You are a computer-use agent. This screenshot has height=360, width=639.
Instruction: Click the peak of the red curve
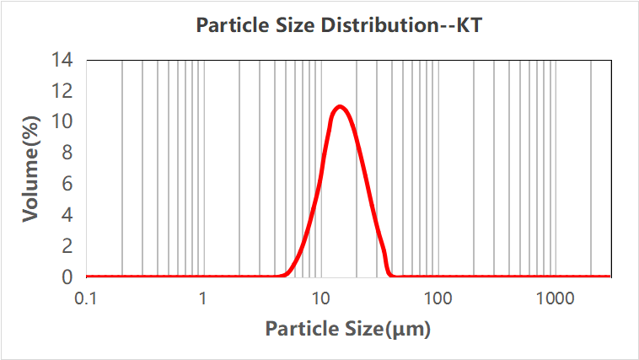(x=341, y=106)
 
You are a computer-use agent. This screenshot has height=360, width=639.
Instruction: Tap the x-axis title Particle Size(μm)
(x=348, y=329)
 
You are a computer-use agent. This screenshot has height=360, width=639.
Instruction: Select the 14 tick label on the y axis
(x=62, y=60)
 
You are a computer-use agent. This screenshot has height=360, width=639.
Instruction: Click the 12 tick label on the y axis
(x=62, y=91)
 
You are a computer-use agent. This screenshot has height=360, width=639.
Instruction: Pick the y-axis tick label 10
(x=62, y=122)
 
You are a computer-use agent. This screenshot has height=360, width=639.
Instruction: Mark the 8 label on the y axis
(x=67, y=153)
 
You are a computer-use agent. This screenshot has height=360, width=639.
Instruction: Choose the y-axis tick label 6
(x=67, y=184)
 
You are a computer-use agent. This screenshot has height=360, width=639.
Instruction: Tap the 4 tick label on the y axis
(x=67, y=215)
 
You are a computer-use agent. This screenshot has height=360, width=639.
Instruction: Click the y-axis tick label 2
(x=67, y=246)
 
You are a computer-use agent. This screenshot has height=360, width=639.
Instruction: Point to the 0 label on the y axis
(x=67, y=277)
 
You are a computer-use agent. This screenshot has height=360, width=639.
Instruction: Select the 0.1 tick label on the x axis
(x=86, y=298)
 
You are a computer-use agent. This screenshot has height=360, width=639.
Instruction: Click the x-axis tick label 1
(x=203, y=298)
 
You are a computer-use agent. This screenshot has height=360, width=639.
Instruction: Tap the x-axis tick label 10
(x=320, y=298)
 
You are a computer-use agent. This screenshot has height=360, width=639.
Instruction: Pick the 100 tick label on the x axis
(x=438, y=298)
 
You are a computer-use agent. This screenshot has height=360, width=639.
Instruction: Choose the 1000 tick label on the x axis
(x=555, y=298)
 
